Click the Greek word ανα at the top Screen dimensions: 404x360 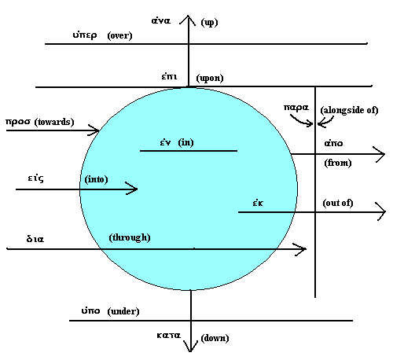(161, 20)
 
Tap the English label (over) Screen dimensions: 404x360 (119, 35)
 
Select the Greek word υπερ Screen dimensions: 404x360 (85, 35)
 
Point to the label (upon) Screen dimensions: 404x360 (210, 78)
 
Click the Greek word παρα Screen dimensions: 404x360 (296, 108)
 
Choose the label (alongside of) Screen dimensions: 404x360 (349, 110)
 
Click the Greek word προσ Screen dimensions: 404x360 (18, 122)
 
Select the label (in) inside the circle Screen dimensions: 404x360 (185, 142)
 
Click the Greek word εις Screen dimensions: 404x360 (36, 178)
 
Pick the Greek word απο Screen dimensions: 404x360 (333, 143)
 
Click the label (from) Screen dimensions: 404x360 (338, 163)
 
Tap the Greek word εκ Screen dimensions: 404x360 (258, 203)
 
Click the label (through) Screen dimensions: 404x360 (130, 237)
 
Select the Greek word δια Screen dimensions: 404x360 (35, 239)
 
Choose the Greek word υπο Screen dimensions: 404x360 (90, 310)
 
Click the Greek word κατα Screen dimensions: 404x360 (168, 336)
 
